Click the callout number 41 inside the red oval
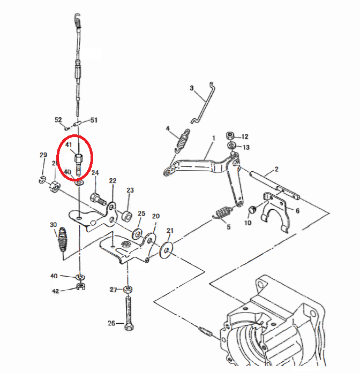(69, 144)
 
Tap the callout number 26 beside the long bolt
(112, 323)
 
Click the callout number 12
(245, 136)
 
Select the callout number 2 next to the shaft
(276, 170)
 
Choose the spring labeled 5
(223, 213)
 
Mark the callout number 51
(93, 120)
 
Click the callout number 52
(58, 120)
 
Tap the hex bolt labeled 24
(97, 198)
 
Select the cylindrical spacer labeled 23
(127, 216)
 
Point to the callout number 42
(55, 291)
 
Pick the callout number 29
(43, 155)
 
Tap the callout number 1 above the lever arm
(213, 138)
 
